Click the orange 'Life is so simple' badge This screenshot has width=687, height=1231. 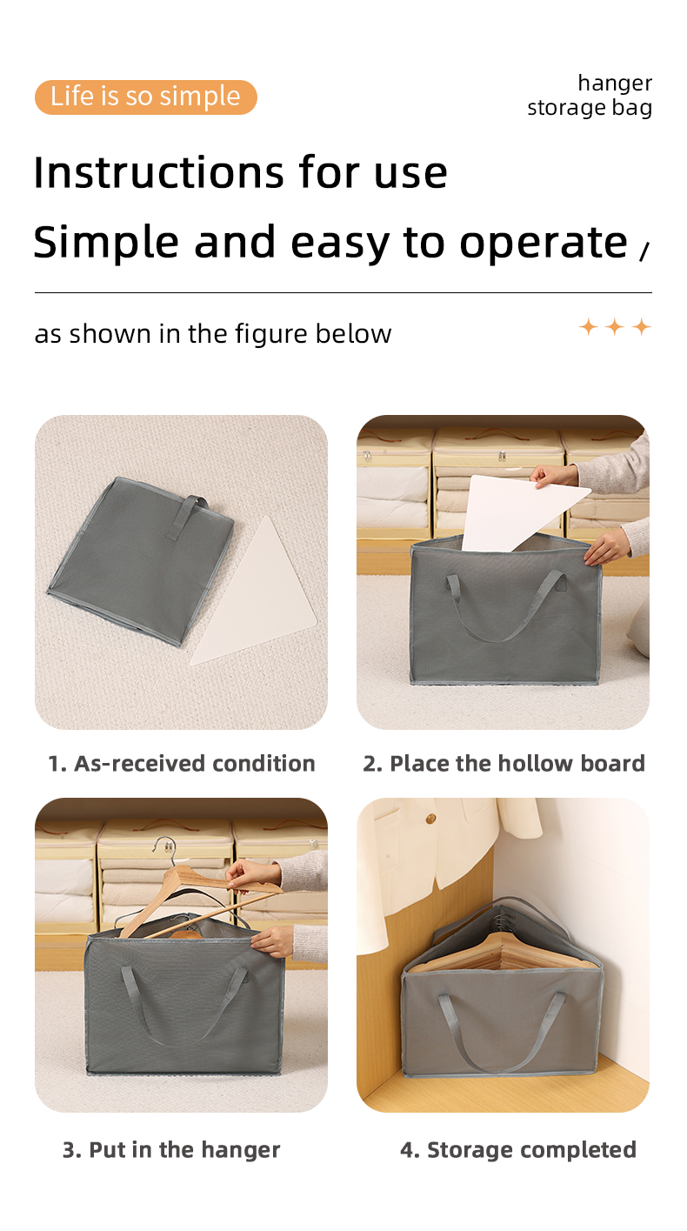[145, 97]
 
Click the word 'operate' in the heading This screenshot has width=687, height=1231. [543, 242]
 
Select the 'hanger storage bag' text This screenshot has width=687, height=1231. [590, 96]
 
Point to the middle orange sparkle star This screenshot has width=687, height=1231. [615, 327]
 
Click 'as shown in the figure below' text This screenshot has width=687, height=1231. [213, 334]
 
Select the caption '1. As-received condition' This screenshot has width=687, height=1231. [181, 763]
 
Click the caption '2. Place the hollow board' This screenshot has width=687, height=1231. [504, 763]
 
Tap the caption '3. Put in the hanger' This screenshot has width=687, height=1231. [171, 1149]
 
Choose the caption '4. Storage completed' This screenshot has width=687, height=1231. [517, 1149]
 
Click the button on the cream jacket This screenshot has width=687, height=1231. [430, 819]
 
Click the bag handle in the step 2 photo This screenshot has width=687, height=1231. [504, 609]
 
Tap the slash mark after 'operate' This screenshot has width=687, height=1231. [644, 251]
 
